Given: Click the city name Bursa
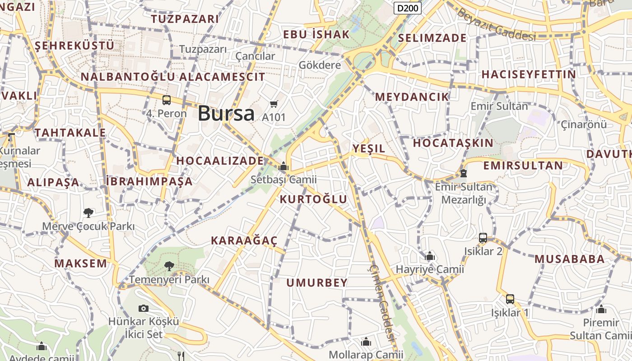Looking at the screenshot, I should pos(226,113).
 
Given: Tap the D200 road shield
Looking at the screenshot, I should pos(408,8).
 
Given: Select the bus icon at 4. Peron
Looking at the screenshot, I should pos(167,100).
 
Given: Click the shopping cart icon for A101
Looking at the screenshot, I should pos(274,104).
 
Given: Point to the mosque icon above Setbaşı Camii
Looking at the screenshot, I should pos(283,167).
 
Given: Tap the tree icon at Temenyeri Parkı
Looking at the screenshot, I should pos(169,266).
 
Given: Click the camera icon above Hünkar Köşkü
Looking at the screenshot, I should pos(144,308).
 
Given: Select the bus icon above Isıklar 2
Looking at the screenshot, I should pos(483,238).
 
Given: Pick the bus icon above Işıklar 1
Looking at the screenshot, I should pos(510,299).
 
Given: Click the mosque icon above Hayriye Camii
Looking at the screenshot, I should pos(430,256).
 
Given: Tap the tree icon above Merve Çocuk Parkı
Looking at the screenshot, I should pos(88,213).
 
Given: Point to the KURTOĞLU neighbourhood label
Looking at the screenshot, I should pos(314,199).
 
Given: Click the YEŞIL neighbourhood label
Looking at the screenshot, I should pos(369,148).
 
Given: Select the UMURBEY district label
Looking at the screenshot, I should pos(317,283).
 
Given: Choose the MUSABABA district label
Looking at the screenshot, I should pos(569,259).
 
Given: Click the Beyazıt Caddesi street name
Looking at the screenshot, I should pos(496,25).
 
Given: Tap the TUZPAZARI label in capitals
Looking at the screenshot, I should pos(185,19).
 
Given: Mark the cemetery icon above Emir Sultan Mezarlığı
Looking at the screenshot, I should pos(463,173).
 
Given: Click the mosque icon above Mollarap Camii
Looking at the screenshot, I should pos(366,342).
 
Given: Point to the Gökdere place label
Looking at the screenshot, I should pos(320,65).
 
